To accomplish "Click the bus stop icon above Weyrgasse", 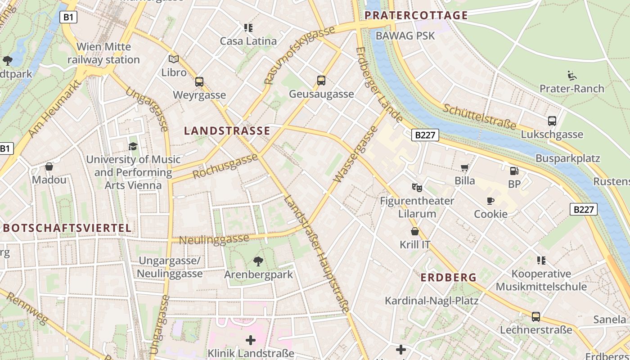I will [199, 82].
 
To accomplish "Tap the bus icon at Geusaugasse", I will [321, 81].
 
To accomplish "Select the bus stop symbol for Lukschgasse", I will [552, 121].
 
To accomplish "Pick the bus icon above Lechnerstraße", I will [536, 316].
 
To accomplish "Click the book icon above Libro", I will [174, 59].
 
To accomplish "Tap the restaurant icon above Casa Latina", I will [248, 28].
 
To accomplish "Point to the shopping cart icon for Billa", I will [465, 167].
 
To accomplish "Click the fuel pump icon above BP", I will [514, 171].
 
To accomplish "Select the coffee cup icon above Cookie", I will [490, 201].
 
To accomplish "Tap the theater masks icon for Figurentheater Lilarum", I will [417, 187].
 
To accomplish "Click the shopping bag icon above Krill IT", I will [415, 231].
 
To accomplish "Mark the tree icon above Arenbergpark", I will [258, 261].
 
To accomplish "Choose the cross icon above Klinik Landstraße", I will [251, 340].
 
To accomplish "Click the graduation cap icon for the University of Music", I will [133, 146].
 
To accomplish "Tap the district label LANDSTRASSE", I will [227, 131].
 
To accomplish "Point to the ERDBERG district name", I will [448, 278].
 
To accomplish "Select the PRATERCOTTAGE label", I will [416, 15].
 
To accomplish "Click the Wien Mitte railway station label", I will [104, 53].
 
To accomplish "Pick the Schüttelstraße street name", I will [479, 116].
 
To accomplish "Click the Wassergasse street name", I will [355, 154].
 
